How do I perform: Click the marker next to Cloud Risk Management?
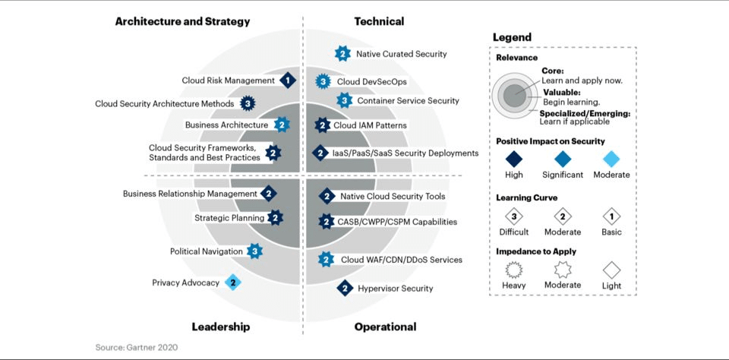click(288, 81)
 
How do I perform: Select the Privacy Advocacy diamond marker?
click(233, 283)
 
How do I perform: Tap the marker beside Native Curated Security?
click(342, 54)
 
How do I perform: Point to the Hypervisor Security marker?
click(345, 289)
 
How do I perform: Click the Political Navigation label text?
click(207, 251)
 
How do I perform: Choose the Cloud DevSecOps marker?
click(323, 82)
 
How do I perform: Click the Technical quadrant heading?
click(379, 21)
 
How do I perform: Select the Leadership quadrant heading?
click(221, 327)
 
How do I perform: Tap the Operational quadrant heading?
click(386, 327)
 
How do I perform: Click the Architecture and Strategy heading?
click(183, 21)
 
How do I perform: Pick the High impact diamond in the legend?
click(514, 159)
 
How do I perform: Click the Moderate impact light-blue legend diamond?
click(611, 159)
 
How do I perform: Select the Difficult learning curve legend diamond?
click(514, 216)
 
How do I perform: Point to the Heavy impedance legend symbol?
click(514, 270)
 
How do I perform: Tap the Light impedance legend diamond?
click(611, 270)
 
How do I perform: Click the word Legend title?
click(513, 37)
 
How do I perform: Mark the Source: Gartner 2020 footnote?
click(137, 347)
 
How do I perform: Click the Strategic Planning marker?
click(275, 218)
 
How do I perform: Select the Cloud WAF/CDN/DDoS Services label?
click(402, 260)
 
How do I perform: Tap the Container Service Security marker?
click(344, 100)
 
